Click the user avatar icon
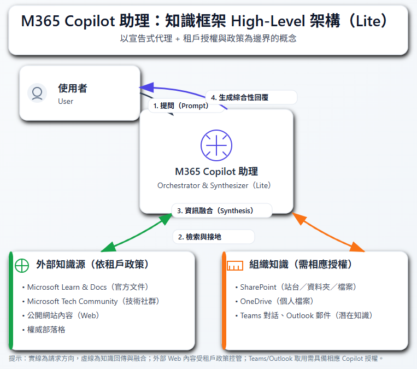tap(37, 93)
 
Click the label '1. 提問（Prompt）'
tap(181, 106)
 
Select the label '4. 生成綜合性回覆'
tap(243, 97)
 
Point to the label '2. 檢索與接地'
tap(199, 237)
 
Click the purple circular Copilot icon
tap(216, 145)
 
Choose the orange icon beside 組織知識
tap(235, 265)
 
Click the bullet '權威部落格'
tap(46, 330)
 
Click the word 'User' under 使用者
tap(66, 101)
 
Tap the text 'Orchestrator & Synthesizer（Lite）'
tap(214, 185)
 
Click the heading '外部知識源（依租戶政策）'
tap(92, 265)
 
